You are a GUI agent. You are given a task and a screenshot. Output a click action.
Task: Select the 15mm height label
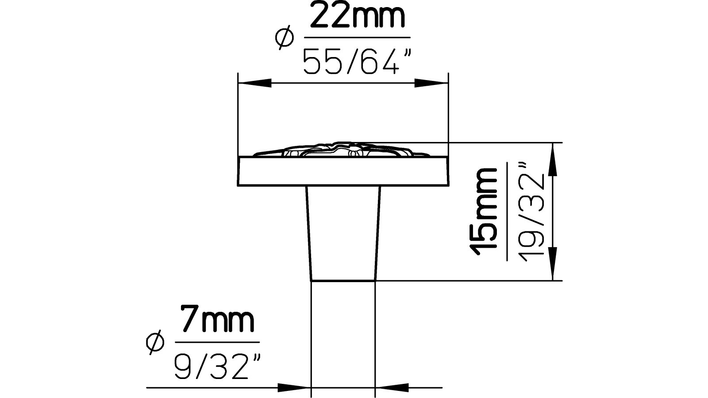(x=484, y=212)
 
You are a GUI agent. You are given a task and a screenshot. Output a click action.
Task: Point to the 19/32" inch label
(x=529, y=212)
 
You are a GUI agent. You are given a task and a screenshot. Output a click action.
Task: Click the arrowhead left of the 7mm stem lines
(x=295, y=387)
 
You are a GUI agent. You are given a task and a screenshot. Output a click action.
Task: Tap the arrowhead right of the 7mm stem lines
(x=392, y=387)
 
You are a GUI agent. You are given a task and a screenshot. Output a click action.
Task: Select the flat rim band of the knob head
(x=343, y=172)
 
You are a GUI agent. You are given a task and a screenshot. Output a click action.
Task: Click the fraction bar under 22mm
(x=356, y=38)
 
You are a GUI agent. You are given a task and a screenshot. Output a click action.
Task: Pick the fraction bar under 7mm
(x=217, y=342)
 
